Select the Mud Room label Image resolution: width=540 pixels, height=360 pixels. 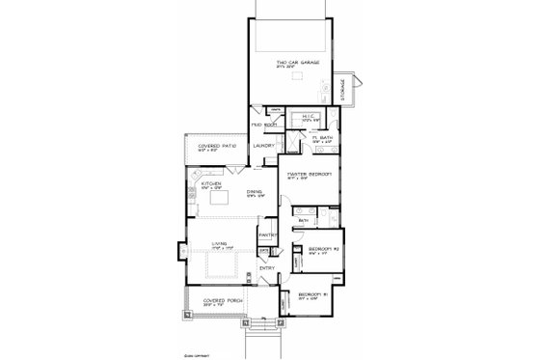[x=263, y=125]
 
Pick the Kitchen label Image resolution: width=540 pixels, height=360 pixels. [x=211, y=183]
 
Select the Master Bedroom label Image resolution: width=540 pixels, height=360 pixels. [x=310, y=175]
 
